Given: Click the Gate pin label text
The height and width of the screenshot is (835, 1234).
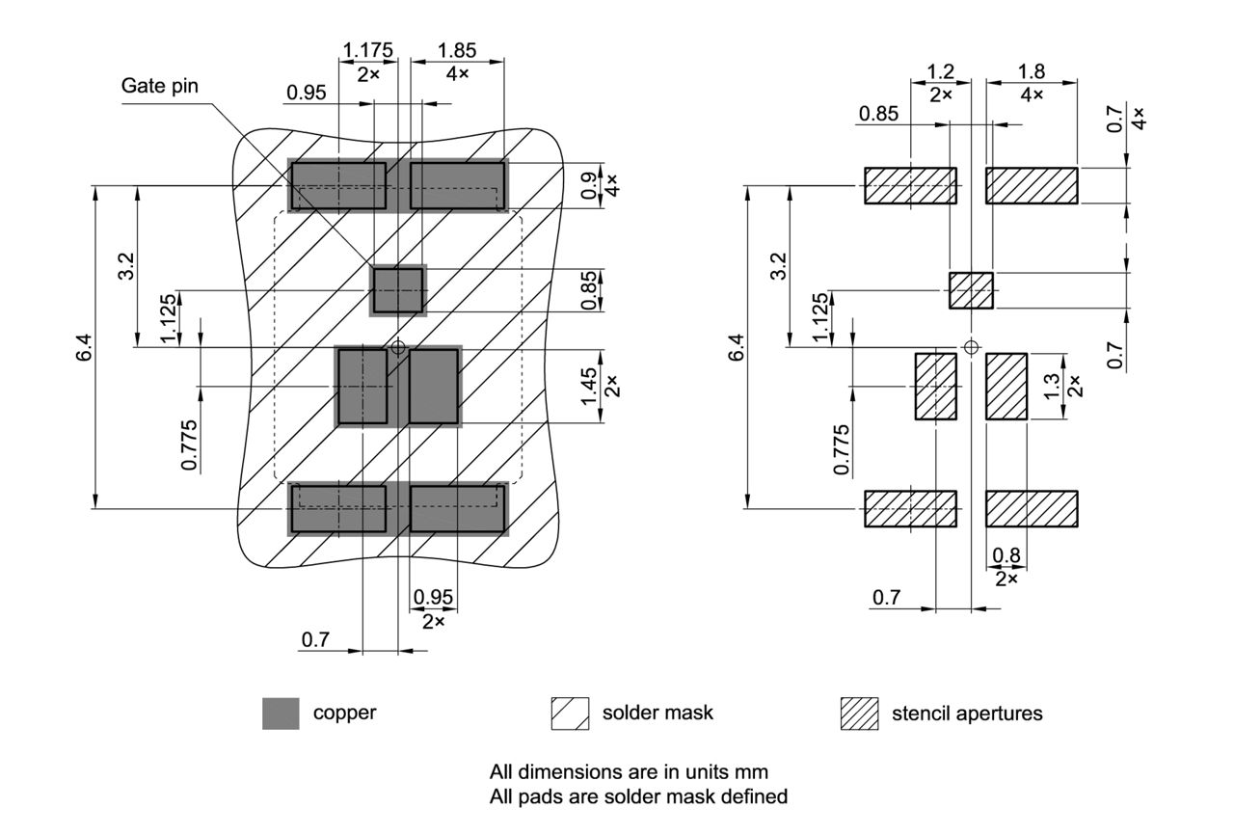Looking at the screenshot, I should pos(159,86).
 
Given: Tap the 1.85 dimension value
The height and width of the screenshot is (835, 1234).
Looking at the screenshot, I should pos(457,50).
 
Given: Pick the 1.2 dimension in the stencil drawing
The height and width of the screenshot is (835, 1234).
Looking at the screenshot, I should pos(940,71).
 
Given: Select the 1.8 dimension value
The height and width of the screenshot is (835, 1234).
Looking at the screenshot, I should pos(1032,71).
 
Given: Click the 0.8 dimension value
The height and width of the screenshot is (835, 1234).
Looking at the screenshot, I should pos(1006,555).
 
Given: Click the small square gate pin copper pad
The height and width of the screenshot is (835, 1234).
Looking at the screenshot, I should pos(397,289).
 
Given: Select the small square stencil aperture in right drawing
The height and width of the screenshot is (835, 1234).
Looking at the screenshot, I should pos(971,290).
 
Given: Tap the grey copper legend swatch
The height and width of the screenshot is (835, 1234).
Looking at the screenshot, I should pos(281,714).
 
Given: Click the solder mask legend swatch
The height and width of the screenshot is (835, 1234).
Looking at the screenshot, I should pos(569,714).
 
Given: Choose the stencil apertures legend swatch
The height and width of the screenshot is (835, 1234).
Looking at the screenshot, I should pos(859,714).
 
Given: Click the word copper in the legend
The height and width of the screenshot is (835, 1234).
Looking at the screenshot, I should pos(344,714).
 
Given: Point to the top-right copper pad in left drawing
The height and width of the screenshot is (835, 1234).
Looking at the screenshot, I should pos(458,185).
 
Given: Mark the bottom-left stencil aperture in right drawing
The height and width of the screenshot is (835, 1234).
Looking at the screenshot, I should pos(910,509).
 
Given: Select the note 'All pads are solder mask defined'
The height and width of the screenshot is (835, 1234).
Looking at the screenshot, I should pos(638,797).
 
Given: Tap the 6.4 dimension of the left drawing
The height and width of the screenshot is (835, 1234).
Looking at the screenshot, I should pos(85,347).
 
